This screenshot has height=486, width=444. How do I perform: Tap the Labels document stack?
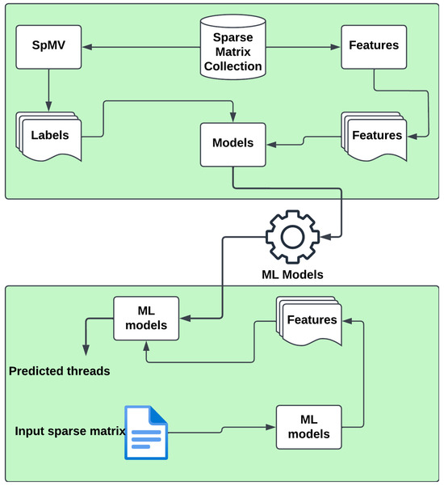point(47,136)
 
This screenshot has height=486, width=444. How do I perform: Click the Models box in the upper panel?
point(232,144)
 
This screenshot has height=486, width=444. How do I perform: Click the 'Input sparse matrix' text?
point(69,429)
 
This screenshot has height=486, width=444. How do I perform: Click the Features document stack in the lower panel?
point(311,320)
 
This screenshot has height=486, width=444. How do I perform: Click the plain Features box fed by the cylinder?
point(373,46)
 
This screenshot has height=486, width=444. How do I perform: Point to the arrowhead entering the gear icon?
point(331,237)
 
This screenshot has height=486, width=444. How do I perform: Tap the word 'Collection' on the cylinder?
point(232,66)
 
